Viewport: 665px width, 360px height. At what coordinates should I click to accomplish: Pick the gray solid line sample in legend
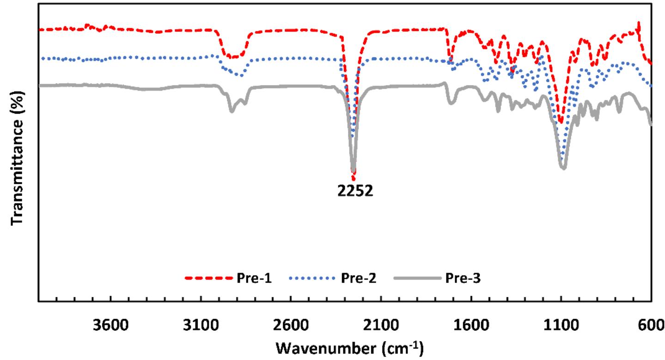pos(415,278)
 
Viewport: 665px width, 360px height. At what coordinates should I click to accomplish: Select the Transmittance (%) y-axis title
pos(17,165)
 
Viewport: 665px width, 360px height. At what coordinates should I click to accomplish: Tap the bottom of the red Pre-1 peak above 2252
pos(354,179)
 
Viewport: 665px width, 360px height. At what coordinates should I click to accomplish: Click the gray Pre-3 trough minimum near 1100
pos(563,167)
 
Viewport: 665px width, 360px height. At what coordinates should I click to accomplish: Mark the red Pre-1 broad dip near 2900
pos(233,57)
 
